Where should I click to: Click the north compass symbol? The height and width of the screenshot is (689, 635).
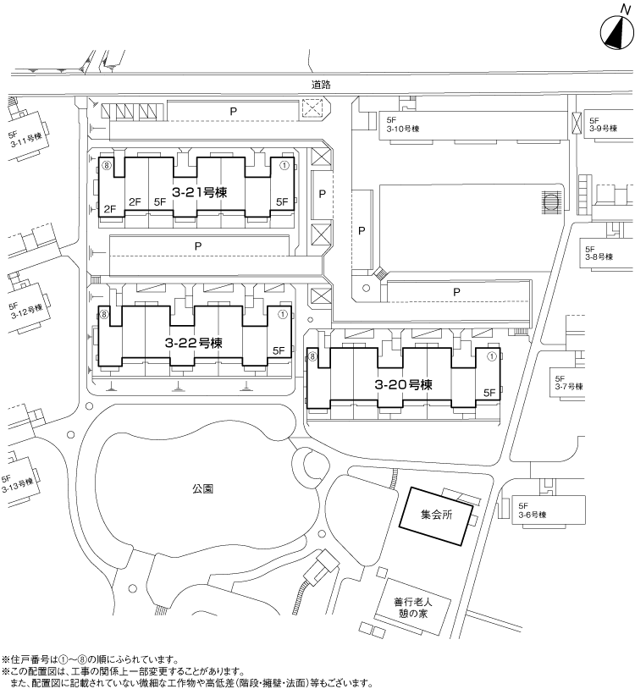click(617, 30)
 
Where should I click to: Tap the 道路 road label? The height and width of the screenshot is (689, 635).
click(321, 85)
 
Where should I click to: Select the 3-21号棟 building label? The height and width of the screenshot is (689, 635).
click(199, 192)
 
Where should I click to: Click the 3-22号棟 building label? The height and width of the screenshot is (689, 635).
click(194, 343)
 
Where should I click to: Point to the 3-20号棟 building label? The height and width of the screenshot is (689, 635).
click(403, 384)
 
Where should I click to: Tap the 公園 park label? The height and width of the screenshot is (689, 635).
click(202, 488)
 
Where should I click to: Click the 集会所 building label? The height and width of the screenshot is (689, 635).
click(436, 515)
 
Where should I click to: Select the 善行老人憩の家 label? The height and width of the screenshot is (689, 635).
click(413, 607)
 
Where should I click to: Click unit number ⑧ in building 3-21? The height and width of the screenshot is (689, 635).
click(106, 165)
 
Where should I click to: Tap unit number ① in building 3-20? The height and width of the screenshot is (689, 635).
click(492, 356)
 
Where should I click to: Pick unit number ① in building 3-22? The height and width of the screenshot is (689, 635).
click(283, 315)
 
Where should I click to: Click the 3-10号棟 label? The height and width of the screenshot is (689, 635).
click(403, 129)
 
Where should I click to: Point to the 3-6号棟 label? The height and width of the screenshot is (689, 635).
click(533, 515)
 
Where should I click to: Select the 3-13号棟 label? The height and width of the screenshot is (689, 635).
click(18, 486)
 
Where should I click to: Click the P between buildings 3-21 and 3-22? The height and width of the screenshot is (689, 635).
click(198, 246)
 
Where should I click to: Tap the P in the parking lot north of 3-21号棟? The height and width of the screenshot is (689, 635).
click(234, 111)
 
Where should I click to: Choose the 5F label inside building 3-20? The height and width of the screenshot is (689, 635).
click(489, 393)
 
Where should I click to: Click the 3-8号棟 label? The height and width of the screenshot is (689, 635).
click(599, 256)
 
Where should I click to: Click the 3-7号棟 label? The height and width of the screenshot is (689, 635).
click(569, 387)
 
